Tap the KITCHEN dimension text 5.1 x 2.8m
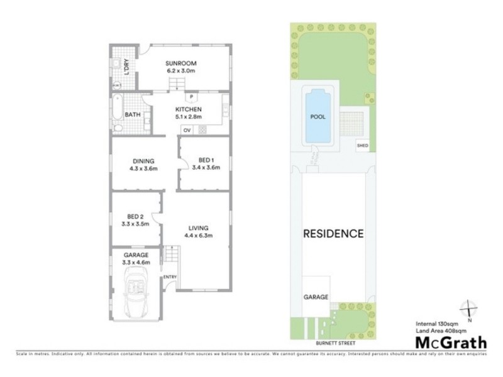(x=188, y=116)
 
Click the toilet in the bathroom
(x=118, y=128)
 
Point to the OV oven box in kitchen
(x=187, y=130)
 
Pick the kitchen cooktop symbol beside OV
(x=202, y=130)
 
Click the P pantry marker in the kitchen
(x=189, y=97)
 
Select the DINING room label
(x=143, y=160)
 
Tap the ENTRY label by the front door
(x=170, y=277)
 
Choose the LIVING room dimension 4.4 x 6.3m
(x=198, y=236)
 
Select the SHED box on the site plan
(x=362, y=145)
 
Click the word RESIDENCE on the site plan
(x=333, y=234)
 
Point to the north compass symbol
(x=469, y=310)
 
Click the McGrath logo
(x=450, y=342)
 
